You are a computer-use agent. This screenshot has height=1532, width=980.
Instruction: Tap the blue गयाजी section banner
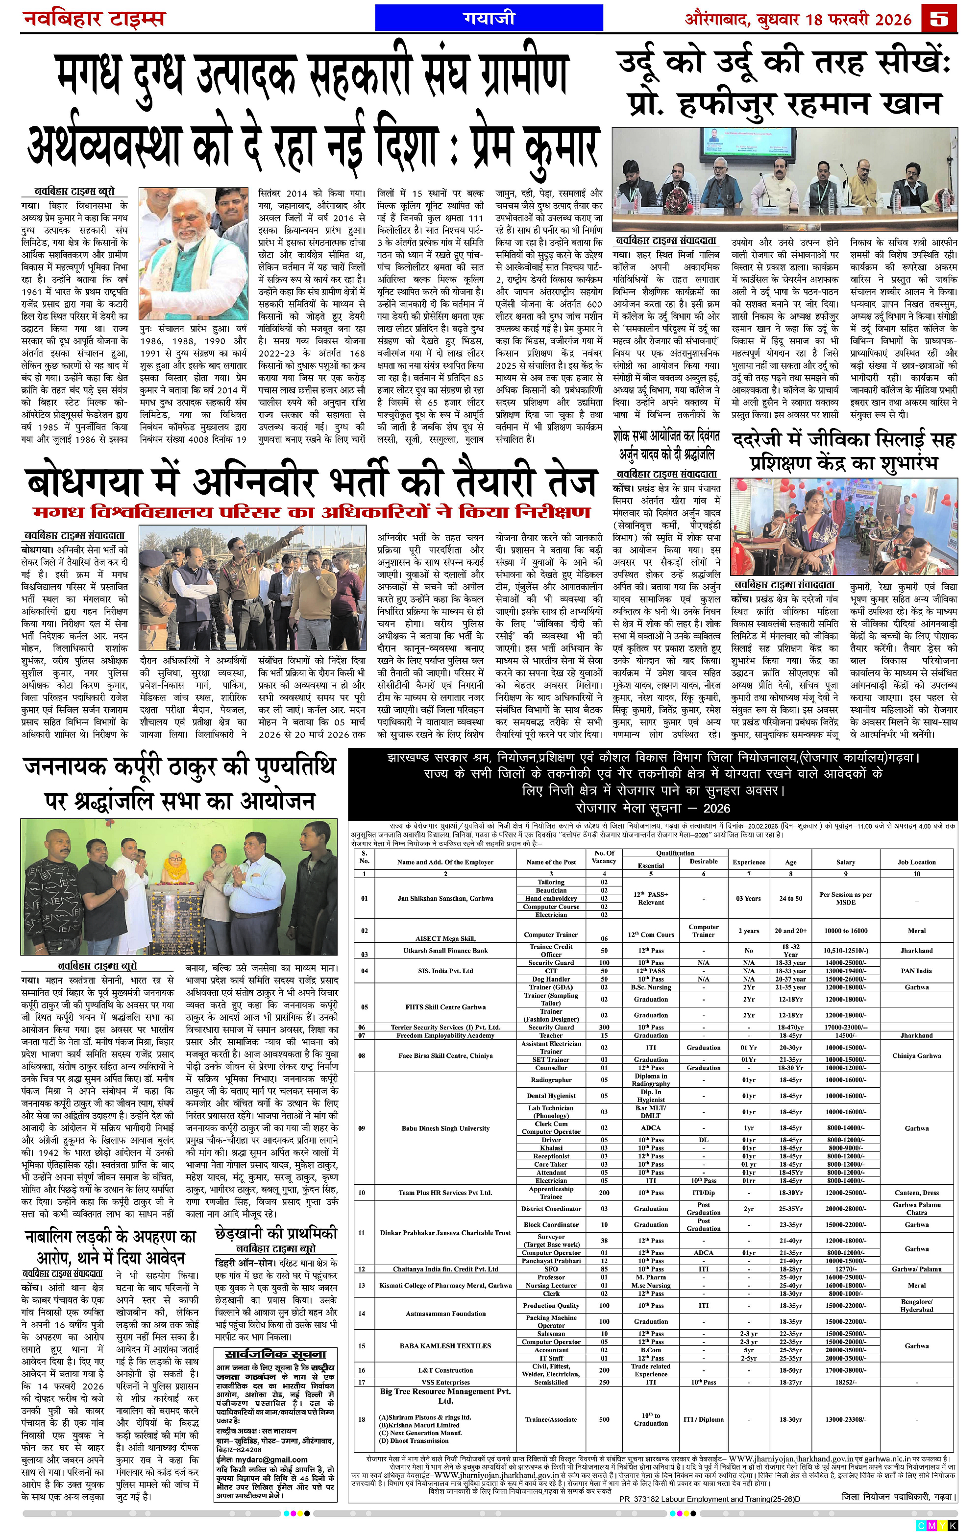coord(489,18)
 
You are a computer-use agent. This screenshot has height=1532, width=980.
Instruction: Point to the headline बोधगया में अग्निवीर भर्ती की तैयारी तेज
coord(311,481)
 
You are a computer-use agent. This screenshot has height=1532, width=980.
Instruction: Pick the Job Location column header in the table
coord(916,862)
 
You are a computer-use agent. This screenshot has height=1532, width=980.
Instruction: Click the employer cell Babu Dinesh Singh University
coord(445,1128)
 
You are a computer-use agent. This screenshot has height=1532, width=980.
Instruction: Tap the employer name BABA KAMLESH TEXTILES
coord(445,1345)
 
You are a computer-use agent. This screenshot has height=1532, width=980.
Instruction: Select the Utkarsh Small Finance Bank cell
coord(445,951)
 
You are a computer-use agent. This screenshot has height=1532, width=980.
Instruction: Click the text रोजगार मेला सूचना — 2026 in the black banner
coord(653,808)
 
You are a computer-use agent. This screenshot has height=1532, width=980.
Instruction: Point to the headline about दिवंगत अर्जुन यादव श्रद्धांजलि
coord(667,445)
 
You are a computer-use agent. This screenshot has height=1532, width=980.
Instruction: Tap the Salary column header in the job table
coord(845,862)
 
